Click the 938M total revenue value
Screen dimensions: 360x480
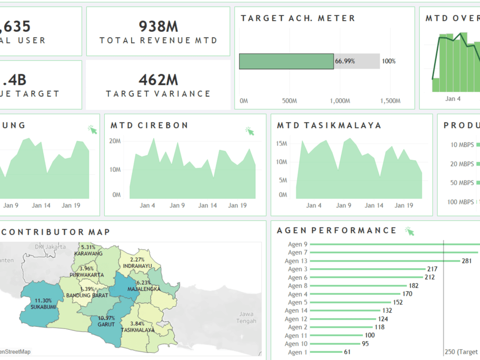point(158,26)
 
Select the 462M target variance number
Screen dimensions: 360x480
point(158,79)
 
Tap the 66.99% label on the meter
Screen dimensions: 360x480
point(345,61)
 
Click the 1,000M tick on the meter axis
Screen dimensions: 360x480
point(340,101)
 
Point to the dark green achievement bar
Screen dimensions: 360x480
point(286,61)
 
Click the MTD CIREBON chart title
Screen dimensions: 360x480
point(149,125)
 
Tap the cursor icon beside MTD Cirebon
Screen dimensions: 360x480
point(250,131)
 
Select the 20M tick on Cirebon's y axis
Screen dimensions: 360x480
point(115,141)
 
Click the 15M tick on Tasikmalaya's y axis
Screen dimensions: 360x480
point(282,144)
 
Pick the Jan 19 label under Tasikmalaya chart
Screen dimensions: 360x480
point(404,205)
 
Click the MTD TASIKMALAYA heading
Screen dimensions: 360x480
point(329,125)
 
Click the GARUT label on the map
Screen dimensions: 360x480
point(106,324)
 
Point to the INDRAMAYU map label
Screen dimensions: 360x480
point(137,265)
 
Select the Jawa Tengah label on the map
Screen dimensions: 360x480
point(246,317)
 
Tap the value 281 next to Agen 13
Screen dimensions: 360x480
point(467,261)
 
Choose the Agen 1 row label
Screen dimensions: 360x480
point(295,352)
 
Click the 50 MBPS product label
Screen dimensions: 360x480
point(459,183)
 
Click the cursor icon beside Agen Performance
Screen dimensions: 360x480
point(409,231)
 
